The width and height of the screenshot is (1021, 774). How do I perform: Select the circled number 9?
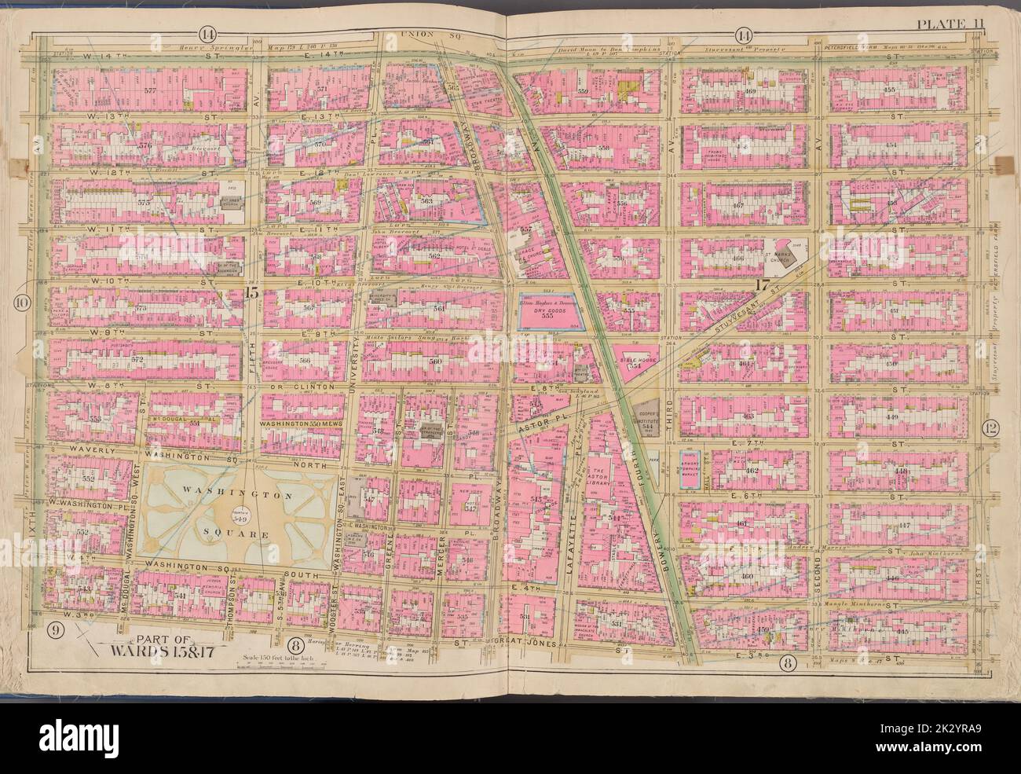55,628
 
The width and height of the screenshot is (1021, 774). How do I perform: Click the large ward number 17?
760,288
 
